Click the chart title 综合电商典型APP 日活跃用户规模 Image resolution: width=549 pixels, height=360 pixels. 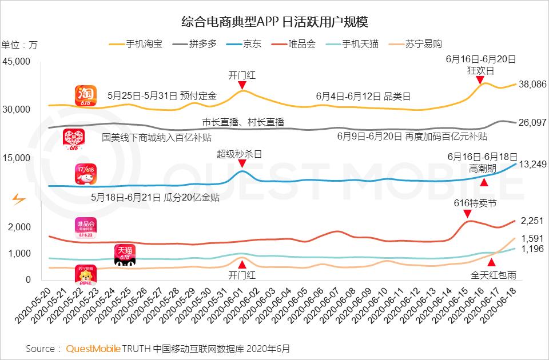[274, 22]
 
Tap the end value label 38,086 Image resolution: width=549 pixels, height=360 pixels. [532, 84]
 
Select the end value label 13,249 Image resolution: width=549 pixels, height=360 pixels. [532, 165]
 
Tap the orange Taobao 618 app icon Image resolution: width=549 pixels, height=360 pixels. [85, 96]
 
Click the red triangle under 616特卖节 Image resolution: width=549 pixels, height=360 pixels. [467, 214]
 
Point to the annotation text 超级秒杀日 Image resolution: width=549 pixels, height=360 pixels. [239, 154]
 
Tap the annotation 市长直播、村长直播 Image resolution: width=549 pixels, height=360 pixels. [243, 122]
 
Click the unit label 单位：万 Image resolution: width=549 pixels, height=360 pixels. [19, 45]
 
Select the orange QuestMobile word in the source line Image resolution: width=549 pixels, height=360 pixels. [92, 348]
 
